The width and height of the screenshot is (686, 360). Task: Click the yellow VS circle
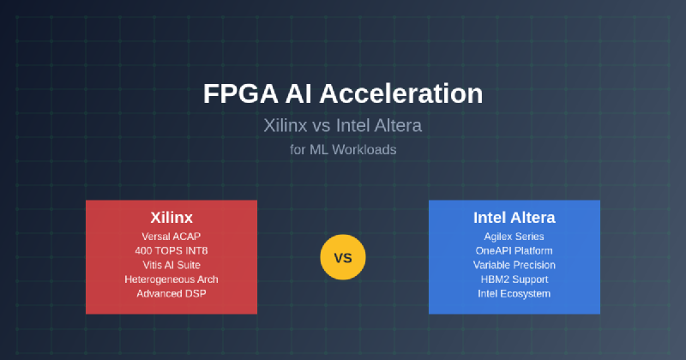click(342, 257)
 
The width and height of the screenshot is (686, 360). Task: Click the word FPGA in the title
click(241, 93)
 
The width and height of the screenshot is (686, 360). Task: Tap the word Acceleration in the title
click(401, 93)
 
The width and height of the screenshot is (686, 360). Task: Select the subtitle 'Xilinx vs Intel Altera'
click(342, 125)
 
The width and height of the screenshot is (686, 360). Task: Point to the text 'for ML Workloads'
click(343, 150)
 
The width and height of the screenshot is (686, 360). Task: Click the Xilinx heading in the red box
click(171, 218)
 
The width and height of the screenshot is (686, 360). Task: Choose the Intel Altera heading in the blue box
click(514, 218)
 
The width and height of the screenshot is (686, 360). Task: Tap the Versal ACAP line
click(171, 237)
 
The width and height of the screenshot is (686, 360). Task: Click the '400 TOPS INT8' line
click(171, 250)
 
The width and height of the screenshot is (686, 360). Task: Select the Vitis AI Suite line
click(171, 265)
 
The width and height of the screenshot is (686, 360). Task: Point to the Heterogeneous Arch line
click(171, 279)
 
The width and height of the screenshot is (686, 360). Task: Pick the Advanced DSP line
click(171, 293)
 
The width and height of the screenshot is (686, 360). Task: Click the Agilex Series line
click(514, 237)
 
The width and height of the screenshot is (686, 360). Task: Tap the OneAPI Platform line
click(514, 250)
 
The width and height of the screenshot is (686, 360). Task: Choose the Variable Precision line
click(514, 265)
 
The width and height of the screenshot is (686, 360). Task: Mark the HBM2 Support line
click(514, 279)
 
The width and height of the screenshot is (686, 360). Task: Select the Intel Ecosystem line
click(514, 293)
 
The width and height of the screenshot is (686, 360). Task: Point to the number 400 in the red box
click(143, 250)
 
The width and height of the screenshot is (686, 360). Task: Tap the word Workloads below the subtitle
click(364, 150)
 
